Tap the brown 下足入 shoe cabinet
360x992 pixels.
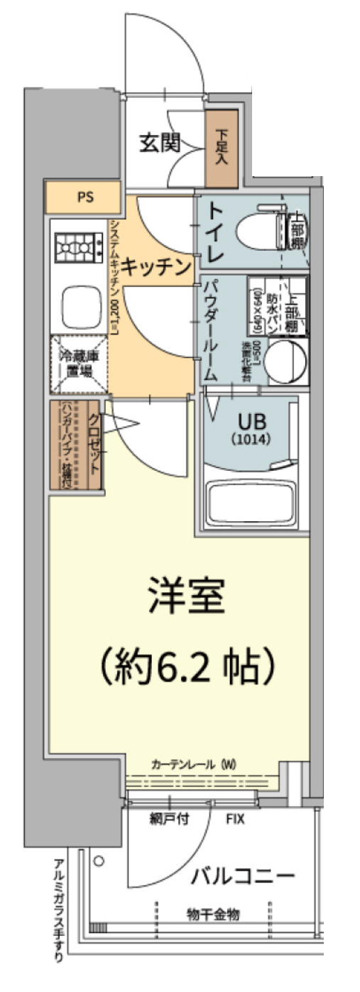coord(222,147)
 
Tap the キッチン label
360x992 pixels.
coord(156,268)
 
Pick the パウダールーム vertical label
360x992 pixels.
coord(211,330)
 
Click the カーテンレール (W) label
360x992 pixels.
coord(193,765)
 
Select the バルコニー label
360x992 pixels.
coord(241,877)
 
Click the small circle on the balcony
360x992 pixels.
coord(99,861)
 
